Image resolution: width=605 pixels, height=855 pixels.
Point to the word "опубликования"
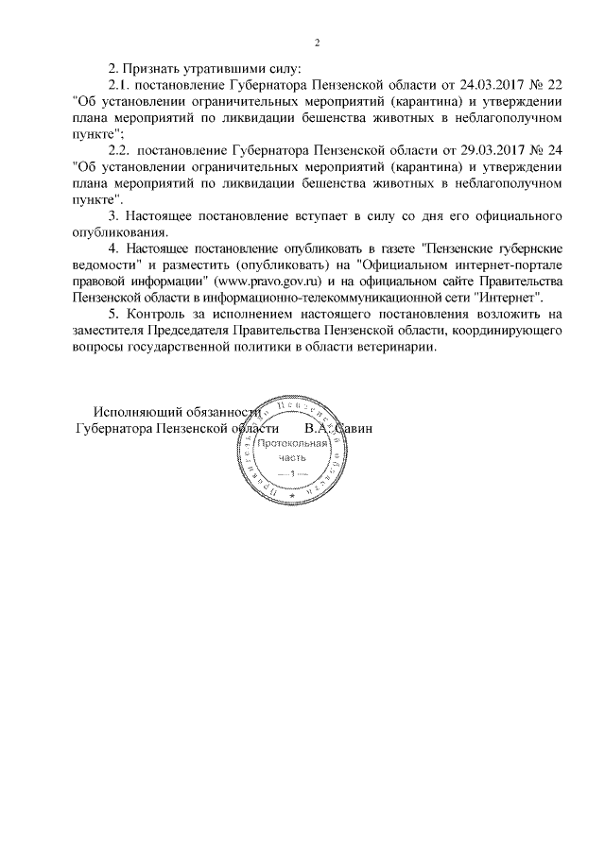pos(119,231)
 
